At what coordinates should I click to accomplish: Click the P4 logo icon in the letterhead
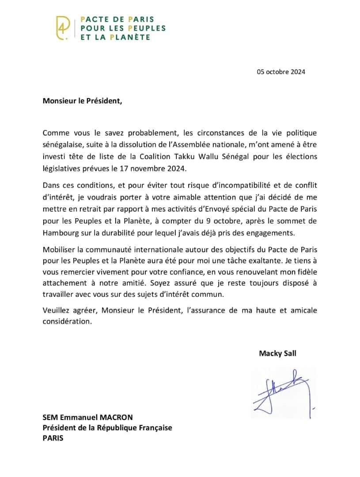[63, 28]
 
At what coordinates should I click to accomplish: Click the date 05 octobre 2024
[281, 72]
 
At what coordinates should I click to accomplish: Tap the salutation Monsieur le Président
[81, 100]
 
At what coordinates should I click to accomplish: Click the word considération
[67, 322]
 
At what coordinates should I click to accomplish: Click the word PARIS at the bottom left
[53, 439]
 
